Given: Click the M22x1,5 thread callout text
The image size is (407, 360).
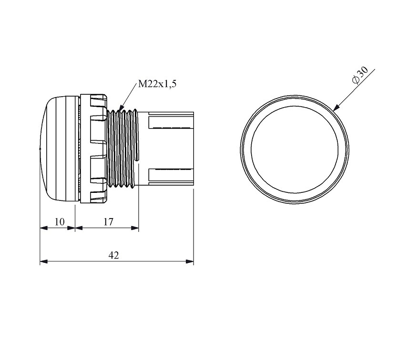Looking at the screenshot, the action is (x=157, y=84).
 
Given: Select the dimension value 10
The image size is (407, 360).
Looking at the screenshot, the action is (x=60, y=222).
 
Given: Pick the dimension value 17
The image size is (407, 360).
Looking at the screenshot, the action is (x=109, y=222).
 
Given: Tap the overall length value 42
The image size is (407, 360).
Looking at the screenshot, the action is (x=114, y=255).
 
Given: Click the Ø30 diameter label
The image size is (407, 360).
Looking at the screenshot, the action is (x=360, y=75).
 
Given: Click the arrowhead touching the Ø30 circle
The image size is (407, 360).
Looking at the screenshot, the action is (x=336, y=107).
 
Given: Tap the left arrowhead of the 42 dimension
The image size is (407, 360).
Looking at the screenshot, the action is (x=44, y=261).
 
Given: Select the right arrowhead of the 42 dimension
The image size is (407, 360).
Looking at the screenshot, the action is (x=190, y=261).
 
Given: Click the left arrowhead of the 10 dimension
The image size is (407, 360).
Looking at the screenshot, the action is (x=44, y=228).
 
